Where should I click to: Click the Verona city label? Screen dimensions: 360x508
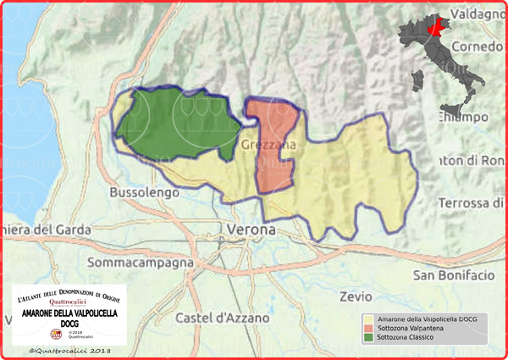click(251, 230)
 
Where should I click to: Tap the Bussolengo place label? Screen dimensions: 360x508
click(144, 192)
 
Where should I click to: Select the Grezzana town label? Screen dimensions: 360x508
click(269, 146)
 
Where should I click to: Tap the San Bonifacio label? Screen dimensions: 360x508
click(453, 275)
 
